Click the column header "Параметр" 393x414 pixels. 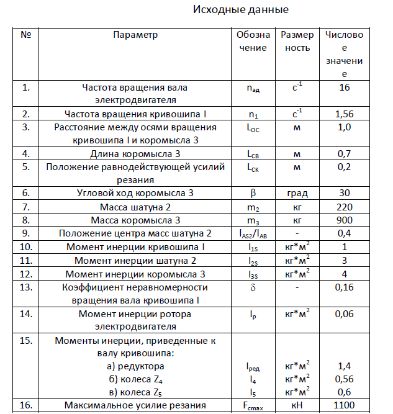click(135, 35)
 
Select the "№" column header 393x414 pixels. click(26, 35)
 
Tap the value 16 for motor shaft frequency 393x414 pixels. click(345, 88)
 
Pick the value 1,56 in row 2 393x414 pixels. click(345, 114)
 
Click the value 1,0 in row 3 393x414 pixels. click(345, 127)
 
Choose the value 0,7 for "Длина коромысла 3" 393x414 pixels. click(345, 153)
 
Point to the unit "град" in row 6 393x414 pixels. click(297, 192)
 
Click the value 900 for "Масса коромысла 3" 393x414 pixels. click(345, 219)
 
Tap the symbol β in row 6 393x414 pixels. click(253, 192)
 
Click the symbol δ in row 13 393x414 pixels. click(253, 287)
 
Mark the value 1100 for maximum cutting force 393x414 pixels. click(345, 405)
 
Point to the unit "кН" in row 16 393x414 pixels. click(297, 405)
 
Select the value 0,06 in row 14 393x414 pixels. click(345, 314)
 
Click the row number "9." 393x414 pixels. click(26, 233)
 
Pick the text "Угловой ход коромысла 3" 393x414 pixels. click(135, 192)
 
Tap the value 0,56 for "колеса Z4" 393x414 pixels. click(345, 379)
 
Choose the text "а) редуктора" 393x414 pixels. click(135, 366)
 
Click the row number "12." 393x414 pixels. click(26, 274)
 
